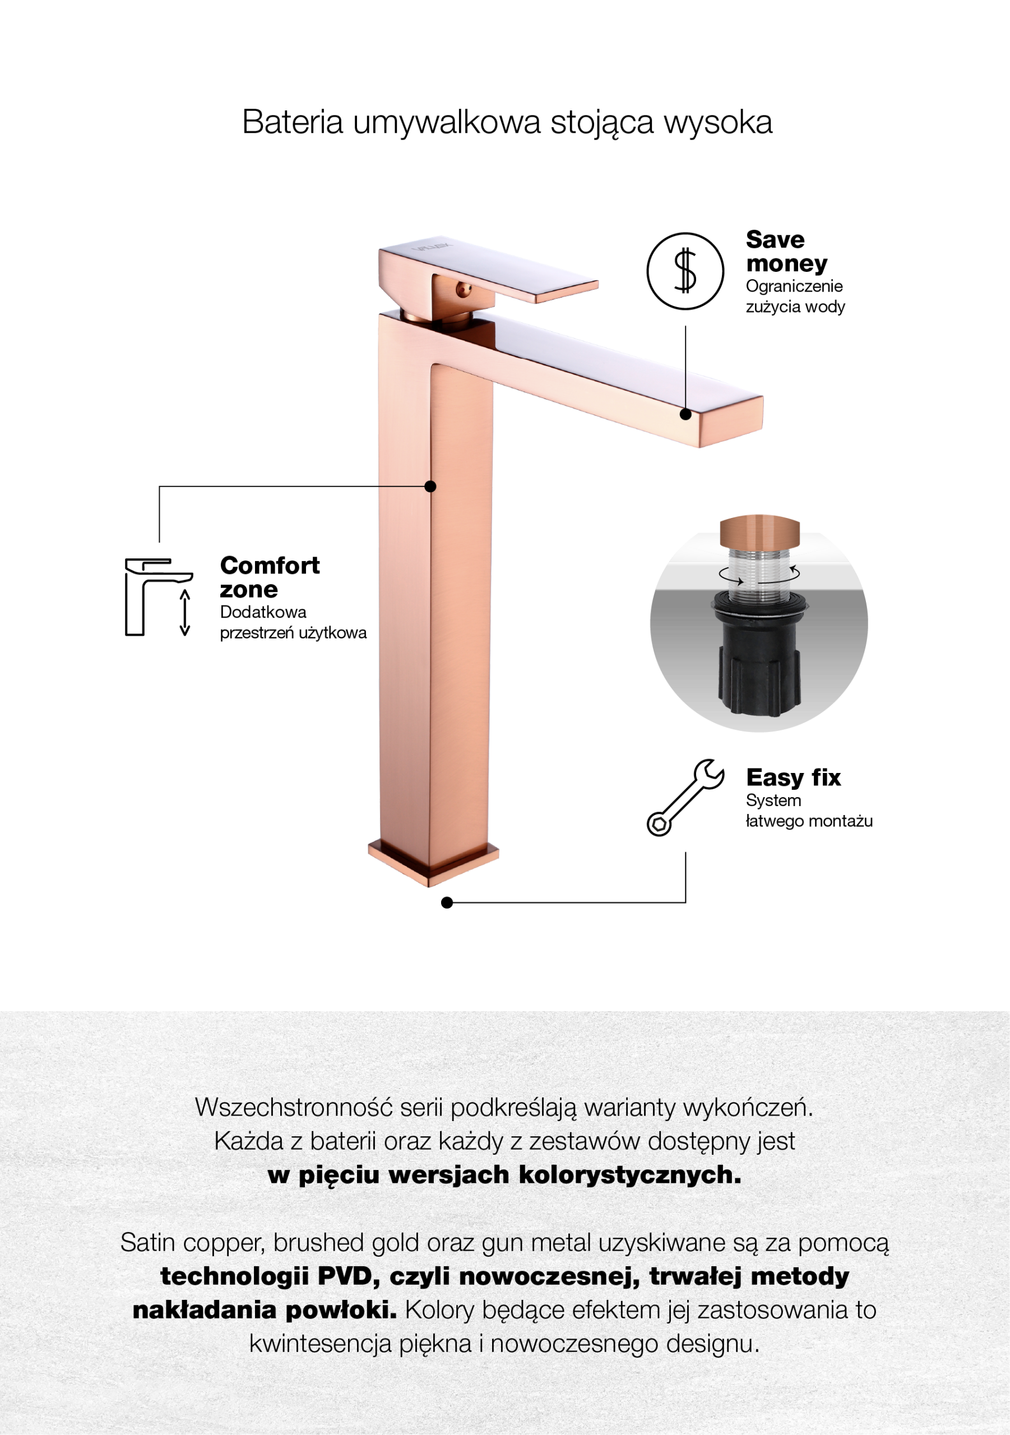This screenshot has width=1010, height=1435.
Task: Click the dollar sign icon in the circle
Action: coord(685,271)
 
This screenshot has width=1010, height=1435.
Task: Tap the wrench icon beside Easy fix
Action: coord(685,798)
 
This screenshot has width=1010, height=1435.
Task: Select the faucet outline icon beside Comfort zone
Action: coord(159,598)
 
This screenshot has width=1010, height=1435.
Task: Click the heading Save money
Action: coord(786,251)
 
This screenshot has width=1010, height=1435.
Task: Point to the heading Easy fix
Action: coord(793,777)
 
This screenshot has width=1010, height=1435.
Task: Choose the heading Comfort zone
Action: coord(270,577)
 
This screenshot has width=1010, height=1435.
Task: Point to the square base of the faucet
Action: coord(433,863)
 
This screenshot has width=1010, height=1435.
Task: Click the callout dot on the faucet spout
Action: coord(685,414)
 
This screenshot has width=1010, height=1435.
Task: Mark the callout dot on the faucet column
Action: coord(430,486)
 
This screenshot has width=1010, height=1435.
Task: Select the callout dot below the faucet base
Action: coord(447,902)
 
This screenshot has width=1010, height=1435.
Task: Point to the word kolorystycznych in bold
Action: coord(629,1175)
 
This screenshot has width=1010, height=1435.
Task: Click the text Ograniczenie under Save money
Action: coord(794,287)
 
